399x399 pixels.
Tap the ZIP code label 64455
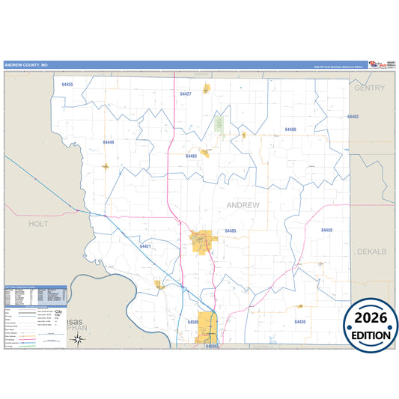(x=67, y=85)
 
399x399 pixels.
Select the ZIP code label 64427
(x=186, y=94)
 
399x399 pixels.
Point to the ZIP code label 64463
(x=353, y=117)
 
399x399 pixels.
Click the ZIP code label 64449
(x=109, y=141)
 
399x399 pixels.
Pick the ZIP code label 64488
(x=290, y=130)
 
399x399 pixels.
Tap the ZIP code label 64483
(x=191, y=156)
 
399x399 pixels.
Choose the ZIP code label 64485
(x=230, y=231)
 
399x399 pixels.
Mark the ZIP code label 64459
(x=326, y=230)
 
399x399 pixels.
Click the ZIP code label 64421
(x=145, y=246)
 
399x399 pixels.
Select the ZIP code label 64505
(x=193, y=322)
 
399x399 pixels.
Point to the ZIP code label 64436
(x=300, y=321)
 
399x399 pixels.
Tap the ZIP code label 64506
(x=212, y=347)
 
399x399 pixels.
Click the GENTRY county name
(x=370, y=88)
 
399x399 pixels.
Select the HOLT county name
(x=38, y=223)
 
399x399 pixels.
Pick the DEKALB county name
(x=371, y=252)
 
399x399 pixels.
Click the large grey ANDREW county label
(x=243, y=204)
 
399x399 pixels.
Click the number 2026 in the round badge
(x=371, y=317)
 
